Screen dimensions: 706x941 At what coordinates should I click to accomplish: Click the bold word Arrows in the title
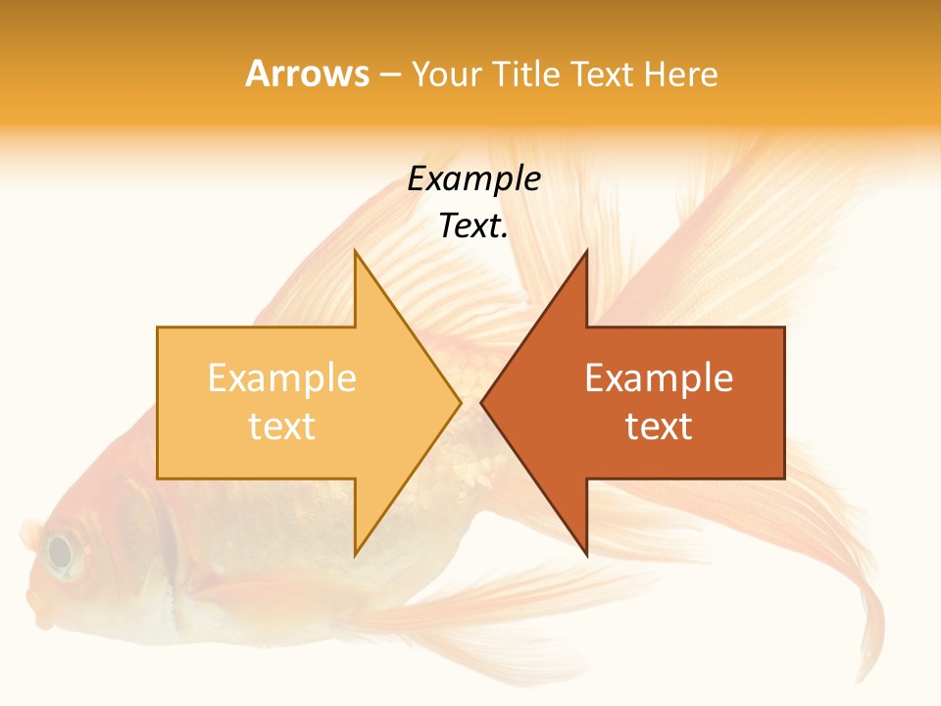click(x=307, y=75)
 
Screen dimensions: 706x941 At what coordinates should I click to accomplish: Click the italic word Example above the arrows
click(x=473, y=178)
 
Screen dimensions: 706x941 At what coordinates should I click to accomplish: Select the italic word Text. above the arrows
click(x=473, y=226)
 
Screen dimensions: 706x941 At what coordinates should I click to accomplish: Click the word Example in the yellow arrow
click(x=281, y=378)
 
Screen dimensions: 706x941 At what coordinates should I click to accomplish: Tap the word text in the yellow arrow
click(x=281, y=427)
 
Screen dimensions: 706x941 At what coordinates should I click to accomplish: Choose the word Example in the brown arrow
click(x=659, y=378)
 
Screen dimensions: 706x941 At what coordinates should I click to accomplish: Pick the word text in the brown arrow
click(x=659, y=427)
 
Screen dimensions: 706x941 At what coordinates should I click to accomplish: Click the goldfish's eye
click(x=60, y=552)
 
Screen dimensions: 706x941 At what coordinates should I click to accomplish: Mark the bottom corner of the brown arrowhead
click(x=586, y=554)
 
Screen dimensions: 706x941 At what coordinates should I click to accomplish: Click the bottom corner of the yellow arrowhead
click(x=356, y=554)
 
